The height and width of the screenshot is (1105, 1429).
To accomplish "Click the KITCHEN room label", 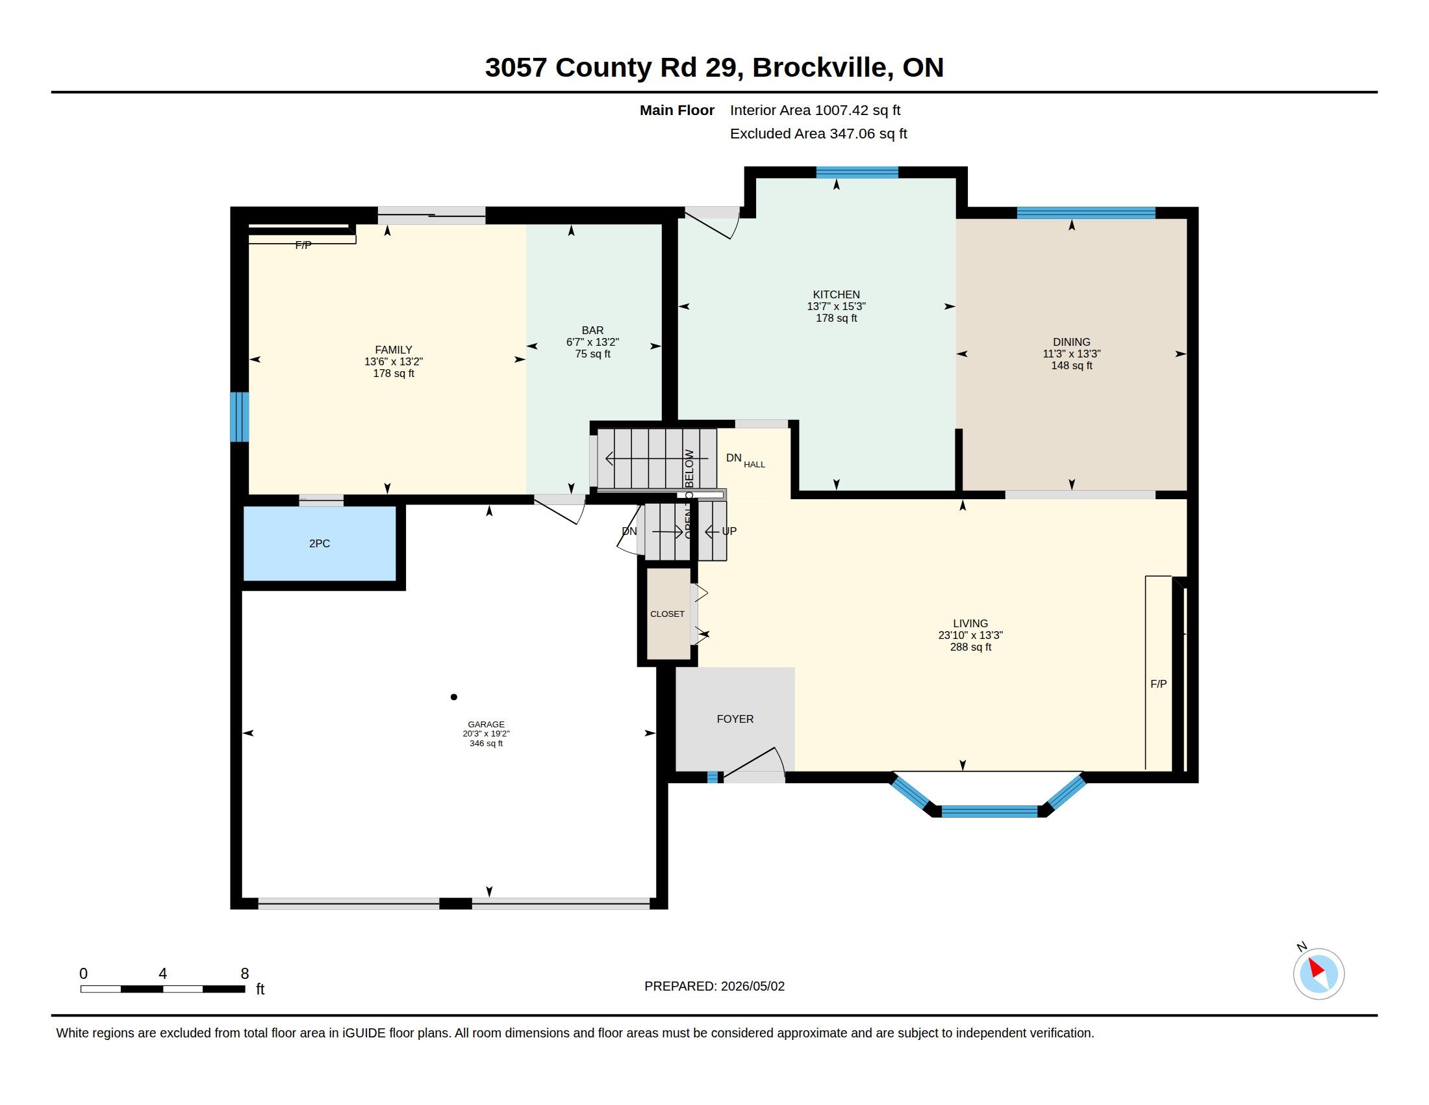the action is pos(836,294).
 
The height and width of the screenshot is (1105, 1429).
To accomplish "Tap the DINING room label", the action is pos(1071,342).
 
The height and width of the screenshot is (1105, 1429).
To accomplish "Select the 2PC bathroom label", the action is pos(320,543).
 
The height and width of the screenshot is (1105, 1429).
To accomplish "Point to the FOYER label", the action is pos(735,719).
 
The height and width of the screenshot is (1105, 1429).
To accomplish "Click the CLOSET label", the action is pos(667,614).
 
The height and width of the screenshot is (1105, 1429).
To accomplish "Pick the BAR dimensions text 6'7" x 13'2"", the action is pos(593,343).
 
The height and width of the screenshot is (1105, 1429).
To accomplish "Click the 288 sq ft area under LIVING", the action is pos(970,647).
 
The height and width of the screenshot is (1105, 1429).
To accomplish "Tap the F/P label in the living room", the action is pos(1158,683).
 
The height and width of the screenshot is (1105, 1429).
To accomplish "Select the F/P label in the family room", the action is pos(303,245).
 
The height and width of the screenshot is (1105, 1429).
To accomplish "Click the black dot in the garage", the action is pos(453,697).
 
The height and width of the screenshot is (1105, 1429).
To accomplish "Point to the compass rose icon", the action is pos(1319,974).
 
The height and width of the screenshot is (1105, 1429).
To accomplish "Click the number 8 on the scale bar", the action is pos(245,974).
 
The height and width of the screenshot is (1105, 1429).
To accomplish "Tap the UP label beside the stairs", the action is pos(729,531).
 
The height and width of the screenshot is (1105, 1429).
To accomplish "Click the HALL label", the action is pos(754,465).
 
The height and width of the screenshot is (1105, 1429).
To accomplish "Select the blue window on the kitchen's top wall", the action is pos(857,173).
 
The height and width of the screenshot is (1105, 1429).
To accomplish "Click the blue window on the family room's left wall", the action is pos(240,417).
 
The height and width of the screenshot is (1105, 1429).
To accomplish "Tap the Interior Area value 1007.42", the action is pos(842,110).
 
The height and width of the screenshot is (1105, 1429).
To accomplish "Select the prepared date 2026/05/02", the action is pos(752,986).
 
